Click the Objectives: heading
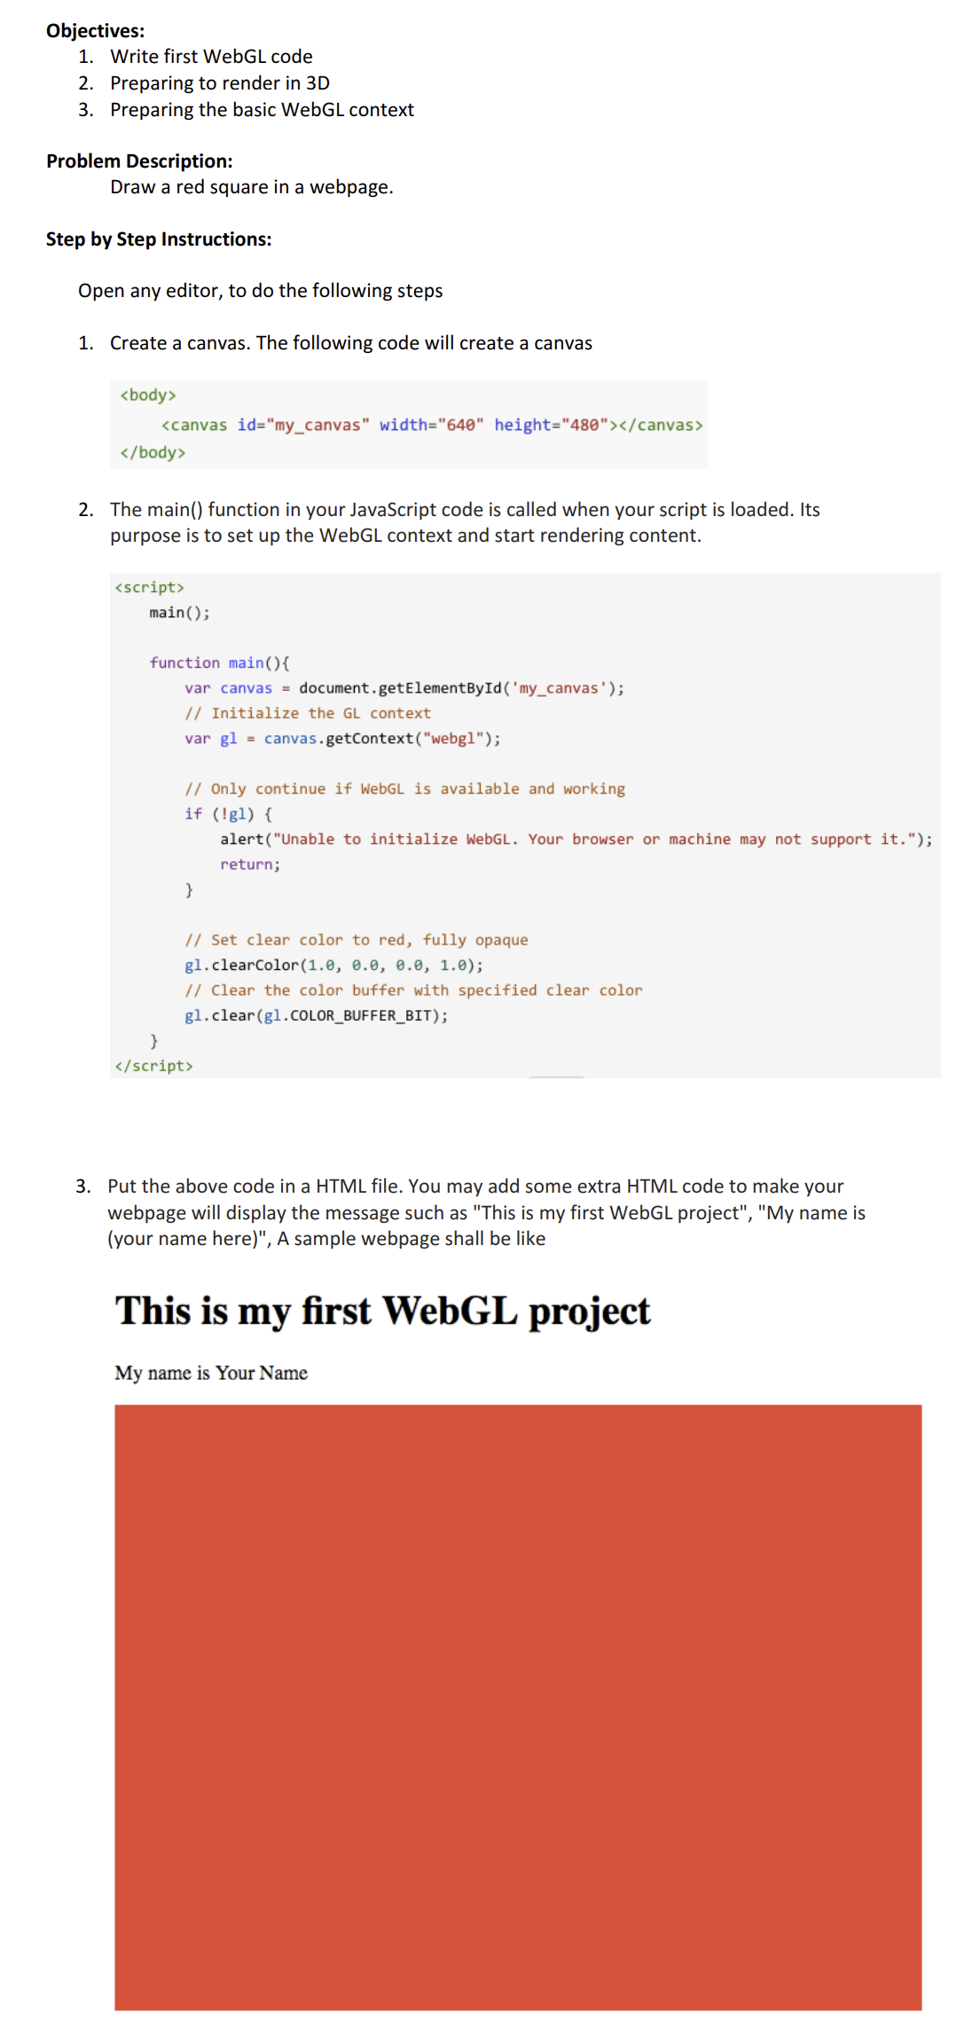coord(95,31)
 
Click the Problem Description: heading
coord(139,161)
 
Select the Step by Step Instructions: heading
coord(159,239)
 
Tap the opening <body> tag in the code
coord(148,395)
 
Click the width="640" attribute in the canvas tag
coord(431,426)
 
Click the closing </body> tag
coord(153,453)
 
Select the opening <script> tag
coord(149,588)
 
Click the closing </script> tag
coord(153,1066)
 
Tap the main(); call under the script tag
coord(179,613)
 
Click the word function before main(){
coord(184,663)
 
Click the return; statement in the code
coord(250,865)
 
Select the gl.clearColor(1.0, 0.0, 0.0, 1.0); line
coord(333,966)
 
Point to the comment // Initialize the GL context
coord(308,714)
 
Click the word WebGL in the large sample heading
coord(450,1312)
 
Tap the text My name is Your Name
coord(211,1374)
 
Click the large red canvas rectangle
coord(518,1707)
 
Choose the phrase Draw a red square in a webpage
coord(252,187)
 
